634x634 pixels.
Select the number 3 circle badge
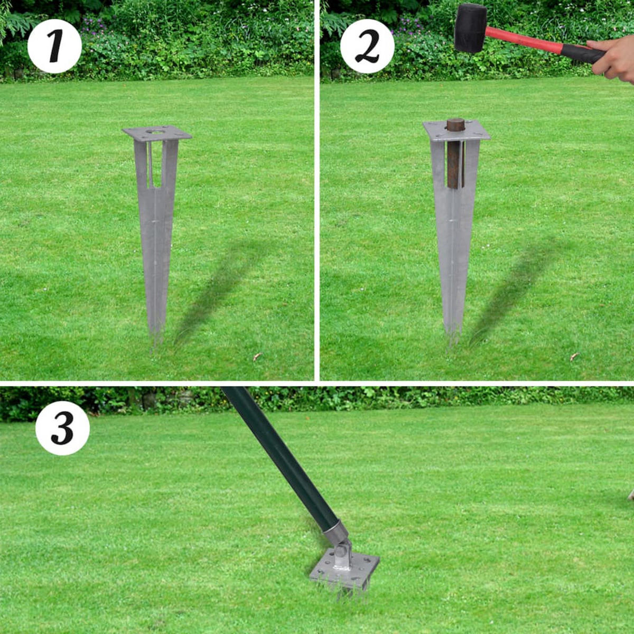click(x=62, y=428)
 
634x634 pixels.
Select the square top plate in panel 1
click(x=157, y=134)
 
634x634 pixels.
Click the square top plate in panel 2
click(x=456, y=130)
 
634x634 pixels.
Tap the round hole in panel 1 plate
click(x=157, y=130)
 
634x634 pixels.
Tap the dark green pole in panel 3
click(x=280, y=454)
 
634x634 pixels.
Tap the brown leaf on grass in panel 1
click(x=257, y=357)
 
